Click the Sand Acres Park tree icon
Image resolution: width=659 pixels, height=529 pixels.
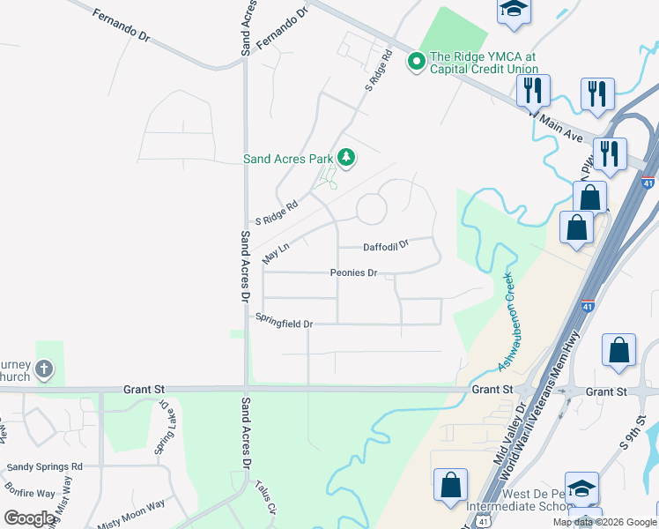click(x=346, y=158)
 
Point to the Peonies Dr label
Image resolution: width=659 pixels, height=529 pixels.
click(x=354, y=273)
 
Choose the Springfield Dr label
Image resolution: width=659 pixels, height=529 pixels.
click(x=285, y=324)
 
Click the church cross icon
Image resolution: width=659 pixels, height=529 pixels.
click(x=44, y=369)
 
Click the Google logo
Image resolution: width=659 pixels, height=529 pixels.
click(x=30, y=518)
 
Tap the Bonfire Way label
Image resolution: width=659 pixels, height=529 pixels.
click(x=29, y=494)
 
